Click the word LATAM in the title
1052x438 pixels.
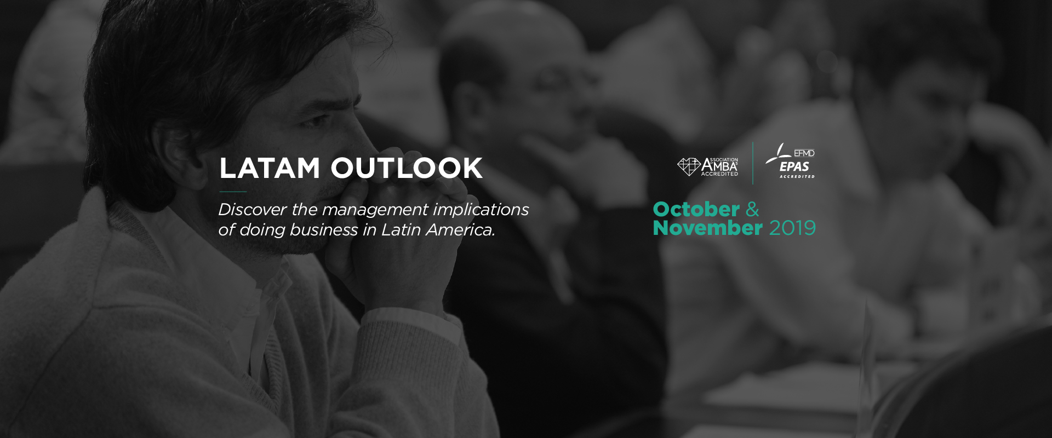point(269,168)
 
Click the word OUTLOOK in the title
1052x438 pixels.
point(407,168)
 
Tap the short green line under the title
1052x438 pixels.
point(233,192)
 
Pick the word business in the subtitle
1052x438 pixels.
point(324,229)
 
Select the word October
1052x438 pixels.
point(696,209)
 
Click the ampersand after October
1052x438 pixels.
point(752,209)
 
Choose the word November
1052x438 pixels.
point(708,228)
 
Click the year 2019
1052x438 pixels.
point(792,228)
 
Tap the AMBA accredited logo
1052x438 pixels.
point(708,166)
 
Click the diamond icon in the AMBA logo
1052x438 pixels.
point(689,166)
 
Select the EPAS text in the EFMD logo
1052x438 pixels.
point(794,167)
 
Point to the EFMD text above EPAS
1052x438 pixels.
point(804,153)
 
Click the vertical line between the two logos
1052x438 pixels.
point(753,163)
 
